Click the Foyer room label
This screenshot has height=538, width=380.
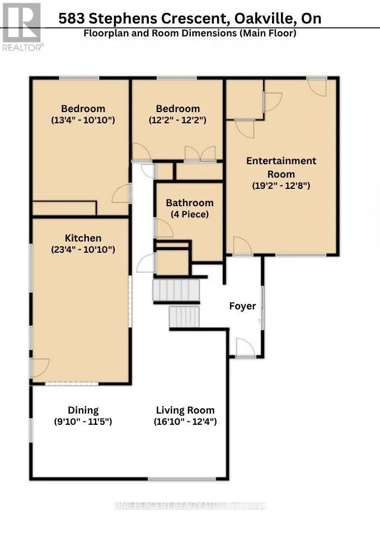242,306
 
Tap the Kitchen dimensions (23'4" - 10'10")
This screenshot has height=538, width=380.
83,249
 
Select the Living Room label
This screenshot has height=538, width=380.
185,410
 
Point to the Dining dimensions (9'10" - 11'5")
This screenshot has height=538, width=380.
83,421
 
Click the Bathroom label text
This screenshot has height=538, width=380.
190,203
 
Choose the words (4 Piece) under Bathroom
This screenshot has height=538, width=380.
190,215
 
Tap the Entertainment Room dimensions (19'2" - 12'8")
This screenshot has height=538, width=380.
281,185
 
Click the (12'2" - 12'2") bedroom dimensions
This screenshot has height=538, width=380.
177,120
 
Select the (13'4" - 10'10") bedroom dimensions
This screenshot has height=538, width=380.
83,120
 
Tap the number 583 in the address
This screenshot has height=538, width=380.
71,18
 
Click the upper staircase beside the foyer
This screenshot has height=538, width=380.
176,290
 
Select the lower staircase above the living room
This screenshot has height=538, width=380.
184,317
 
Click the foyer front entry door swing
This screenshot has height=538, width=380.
245,347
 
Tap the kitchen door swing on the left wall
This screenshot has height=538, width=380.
40,368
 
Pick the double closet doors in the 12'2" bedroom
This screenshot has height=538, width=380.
200,154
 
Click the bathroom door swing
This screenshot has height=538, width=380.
165,228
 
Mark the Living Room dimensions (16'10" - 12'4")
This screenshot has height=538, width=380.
185,421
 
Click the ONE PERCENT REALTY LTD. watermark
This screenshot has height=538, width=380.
190,505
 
